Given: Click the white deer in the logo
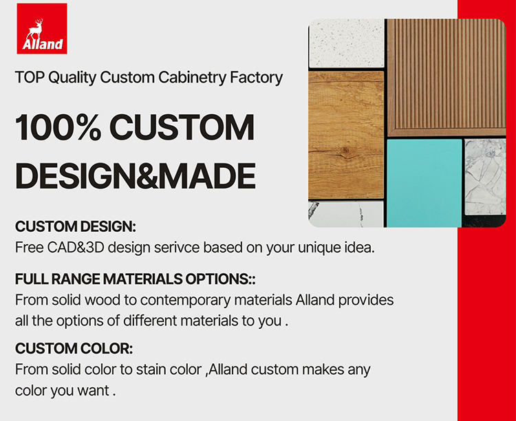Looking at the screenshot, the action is (x=35, y=30).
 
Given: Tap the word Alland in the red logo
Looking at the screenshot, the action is (x=43, y=44).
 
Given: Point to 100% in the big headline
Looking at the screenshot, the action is (x=58, y=127).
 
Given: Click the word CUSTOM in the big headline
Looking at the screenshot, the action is (x=182, y=127).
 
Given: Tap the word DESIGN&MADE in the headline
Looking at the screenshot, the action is (x=136, y=176).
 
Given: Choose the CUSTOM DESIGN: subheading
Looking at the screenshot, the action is (x=76, y=226).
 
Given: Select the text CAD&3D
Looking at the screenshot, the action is (x=76, y=248).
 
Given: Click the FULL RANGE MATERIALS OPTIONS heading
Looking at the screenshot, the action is (x=136, y=279).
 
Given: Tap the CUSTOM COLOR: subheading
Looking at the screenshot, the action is (x=74, y=349).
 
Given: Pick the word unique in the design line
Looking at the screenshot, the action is (x=317, y=248).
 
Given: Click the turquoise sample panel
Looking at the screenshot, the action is (x=424, y=183).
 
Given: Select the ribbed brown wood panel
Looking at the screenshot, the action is (x=447, y=77).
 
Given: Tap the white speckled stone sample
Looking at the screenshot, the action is (x=347, y=43).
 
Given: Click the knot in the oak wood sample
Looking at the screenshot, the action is (x=345, y=152).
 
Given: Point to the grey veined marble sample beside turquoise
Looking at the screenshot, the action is (x=485, y=177).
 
